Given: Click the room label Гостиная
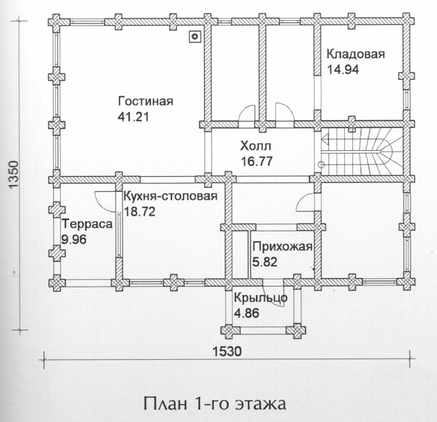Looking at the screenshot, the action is coord(145,101).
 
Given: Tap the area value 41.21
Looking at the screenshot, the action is coord(134,117).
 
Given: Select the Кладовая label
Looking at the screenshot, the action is coord(356,54).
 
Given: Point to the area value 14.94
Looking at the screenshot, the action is coord(343,70).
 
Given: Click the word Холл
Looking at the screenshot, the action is coord(255,145).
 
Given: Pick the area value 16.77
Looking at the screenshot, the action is coord(257,161).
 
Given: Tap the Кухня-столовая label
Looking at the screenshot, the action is coord(170,196).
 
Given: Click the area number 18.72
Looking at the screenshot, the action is coord(139,212).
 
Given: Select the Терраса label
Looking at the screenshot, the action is coord(87,224).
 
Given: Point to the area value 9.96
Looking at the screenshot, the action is coord(74,240).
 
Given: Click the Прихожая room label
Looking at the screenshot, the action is coord(282,247).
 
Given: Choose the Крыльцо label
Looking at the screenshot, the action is coord(261,298).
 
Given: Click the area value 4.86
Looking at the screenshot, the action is coord(246,313).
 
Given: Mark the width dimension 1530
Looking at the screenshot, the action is coord(227,352).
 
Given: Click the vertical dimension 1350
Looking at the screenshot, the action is coord(14,175).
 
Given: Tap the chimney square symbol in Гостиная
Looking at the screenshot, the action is coord(195,36).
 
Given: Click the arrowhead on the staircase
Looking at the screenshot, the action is coord(326,138).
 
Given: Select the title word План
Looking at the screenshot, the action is coord(165,403).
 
